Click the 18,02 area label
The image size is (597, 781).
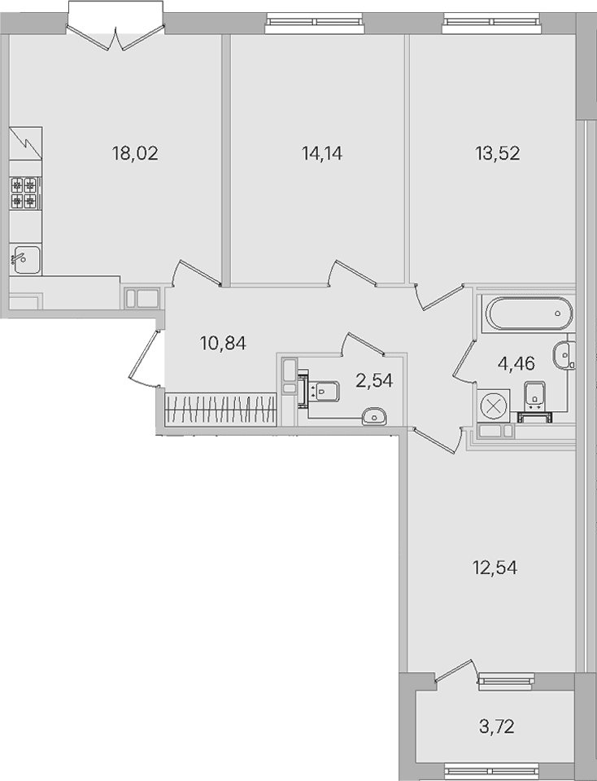click(135, 153)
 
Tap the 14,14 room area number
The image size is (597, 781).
click(322, 153)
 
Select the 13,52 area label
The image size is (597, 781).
click(498, 153)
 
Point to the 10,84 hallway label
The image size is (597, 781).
click(224, 343)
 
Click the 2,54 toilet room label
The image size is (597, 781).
click(374, 380)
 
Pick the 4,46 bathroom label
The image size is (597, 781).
click(516, 363)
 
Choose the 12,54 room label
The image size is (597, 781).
click(495, 568)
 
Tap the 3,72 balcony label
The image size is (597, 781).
click(496, 726)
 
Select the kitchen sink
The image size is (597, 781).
click(26, 260)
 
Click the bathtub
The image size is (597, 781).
click(529, 314)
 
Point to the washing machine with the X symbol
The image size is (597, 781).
click(493, 406)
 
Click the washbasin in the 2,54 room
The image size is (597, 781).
click(373, 417)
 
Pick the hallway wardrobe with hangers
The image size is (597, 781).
click(221, 410)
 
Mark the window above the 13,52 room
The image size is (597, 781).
click(491, 23)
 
